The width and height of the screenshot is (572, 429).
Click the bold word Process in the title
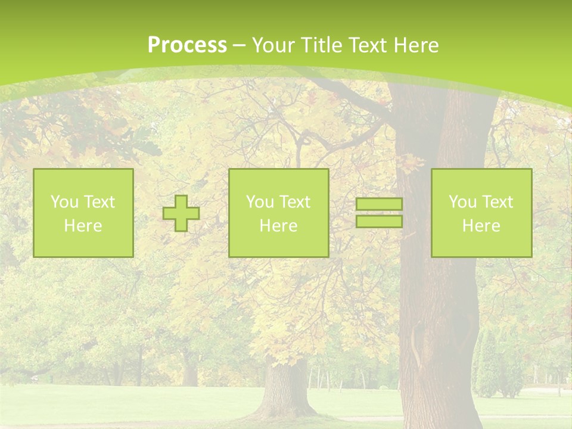(x=187, y=45)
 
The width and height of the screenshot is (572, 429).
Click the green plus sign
(x=181, y=213)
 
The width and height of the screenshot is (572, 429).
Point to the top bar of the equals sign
(x=379, y=204)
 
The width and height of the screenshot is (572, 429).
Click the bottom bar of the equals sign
(x=379, y=222)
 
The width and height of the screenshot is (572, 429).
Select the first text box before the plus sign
(x=83, y=213)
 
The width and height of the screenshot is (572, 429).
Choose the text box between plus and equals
(x=278, y=213)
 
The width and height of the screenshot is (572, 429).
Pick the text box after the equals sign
(x=481, y=213)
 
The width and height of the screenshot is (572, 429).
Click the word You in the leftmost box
(x=64, y=202)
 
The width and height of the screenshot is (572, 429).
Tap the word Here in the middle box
(x=278, y=226)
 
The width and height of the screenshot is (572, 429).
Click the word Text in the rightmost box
(x=498, y=202)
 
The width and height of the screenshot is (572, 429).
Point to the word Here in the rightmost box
(x=481, y=226)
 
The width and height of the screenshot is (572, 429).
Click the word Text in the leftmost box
(x=100, y=202)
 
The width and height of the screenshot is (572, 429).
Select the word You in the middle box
(x=260, y=202)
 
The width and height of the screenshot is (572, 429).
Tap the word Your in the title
(x=272, y=45)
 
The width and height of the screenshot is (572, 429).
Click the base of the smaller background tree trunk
(x=286, y=405)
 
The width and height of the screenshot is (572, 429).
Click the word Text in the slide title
(x=369, y=45)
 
